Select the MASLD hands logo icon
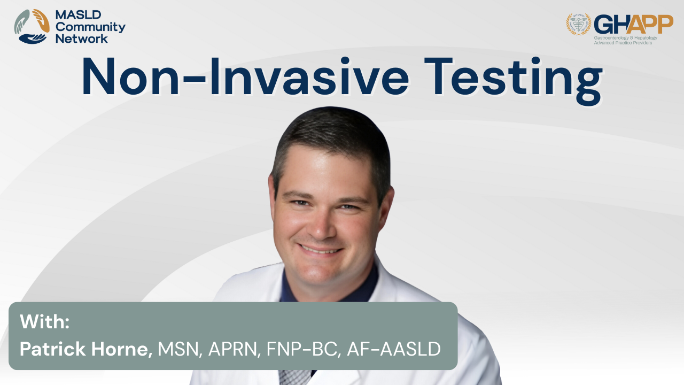point(32,26)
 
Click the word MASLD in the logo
point(78,14)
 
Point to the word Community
point(90,27)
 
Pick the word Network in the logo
point(82,39)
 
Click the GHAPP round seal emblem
point(579,24)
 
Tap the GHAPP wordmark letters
point(634,25)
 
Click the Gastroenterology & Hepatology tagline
point(625,38)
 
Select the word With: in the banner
point(44,321)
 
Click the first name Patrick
point(52,349)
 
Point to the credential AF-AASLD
point(394,349)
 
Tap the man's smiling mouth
point(320,249)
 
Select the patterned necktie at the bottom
point(294,378)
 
